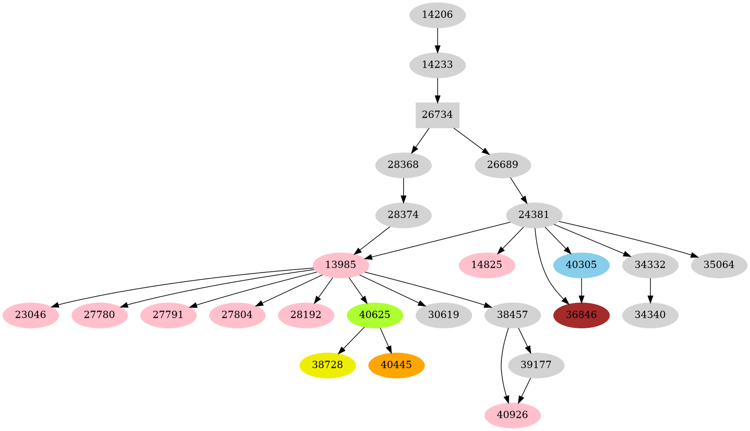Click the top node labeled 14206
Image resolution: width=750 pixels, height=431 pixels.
[437, 15]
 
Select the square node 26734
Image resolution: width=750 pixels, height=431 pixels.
[437, 115]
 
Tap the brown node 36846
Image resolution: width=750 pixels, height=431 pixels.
[581, 315]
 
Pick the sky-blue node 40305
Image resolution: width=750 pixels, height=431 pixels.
[581, 265]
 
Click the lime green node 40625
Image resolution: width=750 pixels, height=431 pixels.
[374, 315]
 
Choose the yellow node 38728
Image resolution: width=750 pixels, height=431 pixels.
[327, 365]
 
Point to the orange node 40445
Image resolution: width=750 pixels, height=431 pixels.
[396, 365]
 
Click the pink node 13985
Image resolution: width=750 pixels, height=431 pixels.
[341, 265]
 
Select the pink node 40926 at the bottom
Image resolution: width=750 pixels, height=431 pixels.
[512, 415]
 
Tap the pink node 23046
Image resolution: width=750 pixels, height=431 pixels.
[30, 315]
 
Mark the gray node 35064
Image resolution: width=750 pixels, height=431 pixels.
[719, 265]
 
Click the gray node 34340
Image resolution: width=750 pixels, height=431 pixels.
[650, 315]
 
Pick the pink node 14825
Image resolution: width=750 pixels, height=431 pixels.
[487, 265]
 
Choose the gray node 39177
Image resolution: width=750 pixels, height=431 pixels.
[536, 365]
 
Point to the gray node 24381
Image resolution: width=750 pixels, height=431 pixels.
[534, 215]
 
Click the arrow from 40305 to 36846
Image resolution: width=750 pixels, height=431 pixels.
[581, 290]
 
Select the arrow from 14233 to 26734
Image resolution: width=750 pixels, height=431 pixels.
[437, 90]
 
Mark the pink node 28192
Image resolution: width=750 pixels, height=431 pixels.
[306, 315]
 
